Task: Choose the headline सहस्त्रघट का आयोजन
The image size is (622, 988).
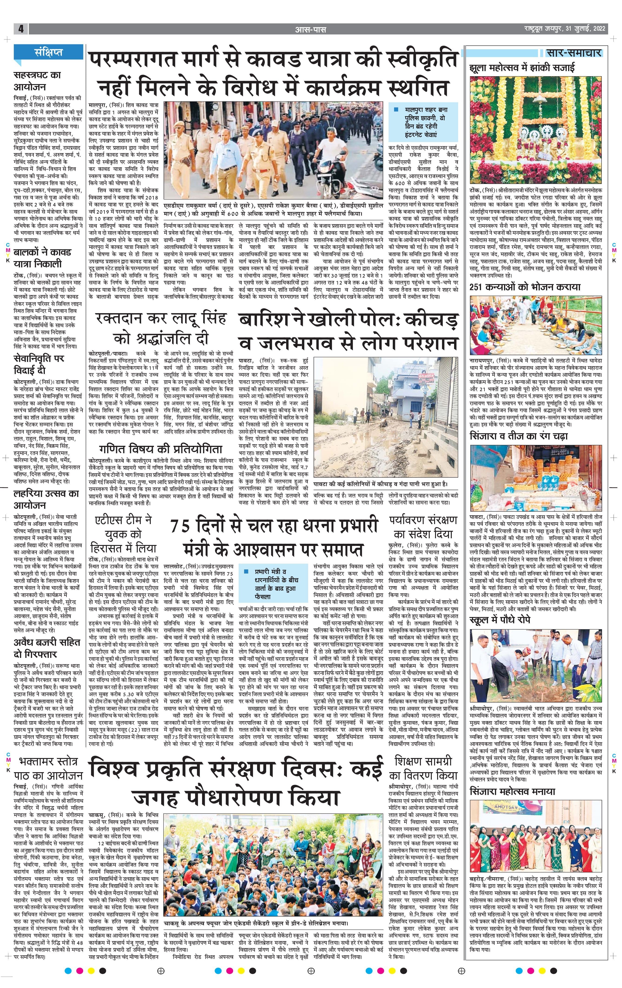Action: pyautogui.click(x=37, y=81)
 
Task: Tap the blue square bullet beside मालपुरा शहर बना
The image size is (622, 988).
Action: pyautogui.click(x=396, y=110)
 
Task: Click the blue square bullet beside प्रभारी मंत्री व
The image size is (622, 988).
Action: pyautogui.click(x=245, y=571)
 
